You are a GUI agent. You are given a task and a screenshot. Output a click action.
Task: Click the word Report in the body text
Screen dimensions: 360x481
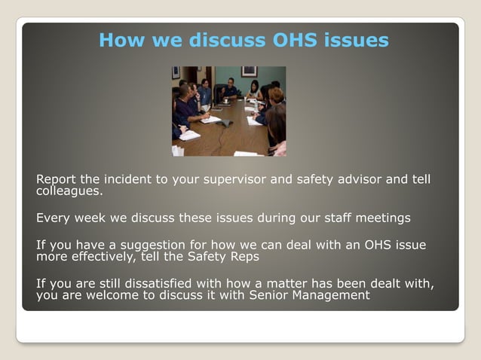click(x=56, y=180)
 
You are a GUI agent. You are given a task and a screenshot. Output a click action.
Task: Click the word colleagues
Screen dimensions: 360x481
click(x=69, y=191)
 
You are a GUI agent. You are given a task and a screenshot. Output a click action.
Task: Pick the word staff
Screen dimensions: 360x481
click(x=327, y=218)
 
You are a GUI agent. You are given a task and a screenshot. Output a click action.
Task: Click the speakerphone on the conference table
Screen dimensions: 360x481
click(x=224, y=122)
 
